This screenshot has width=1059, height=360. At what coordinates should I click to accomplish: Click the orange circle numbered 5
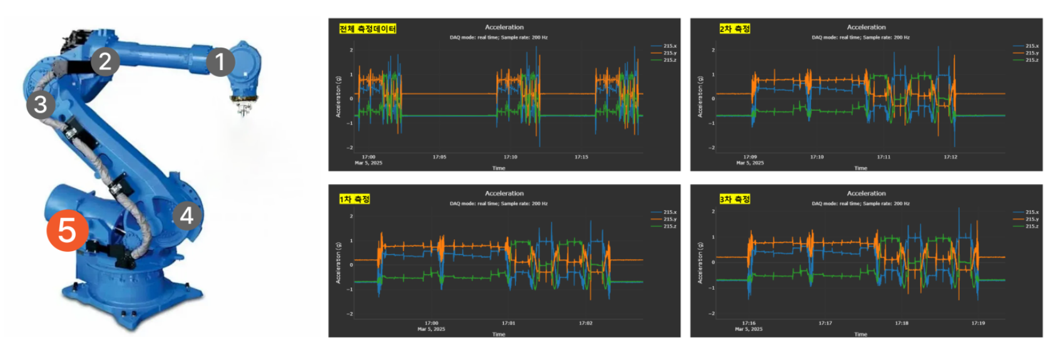coord(67,231)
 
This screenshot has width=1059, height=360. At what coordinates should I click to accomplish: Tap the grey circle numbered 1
coord(220,61)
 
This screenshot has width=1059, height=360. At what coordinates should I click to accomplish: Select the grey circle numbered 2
coord(105,61)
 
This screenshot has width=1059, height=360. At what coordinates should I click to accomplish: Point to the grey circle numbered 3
coord(41,105)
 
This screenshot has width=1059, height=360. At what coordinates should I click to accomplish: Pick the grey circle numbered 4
coord(187,215)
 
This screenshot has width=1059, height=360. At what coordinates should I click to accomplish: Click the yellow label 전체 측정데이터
coord(367,29)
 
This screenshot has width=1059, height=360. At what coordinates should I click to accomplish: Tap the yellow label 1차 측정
coord(354,199)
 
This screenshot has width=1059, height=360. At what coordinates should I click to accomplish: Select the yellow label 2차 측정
coord(734,29)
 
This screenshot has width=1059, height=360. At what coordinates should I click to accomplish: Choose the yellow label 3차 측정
coord(734,199)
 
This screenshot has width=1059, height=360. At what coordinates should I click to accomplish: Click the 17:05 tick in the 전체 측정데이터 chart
coord(439,157)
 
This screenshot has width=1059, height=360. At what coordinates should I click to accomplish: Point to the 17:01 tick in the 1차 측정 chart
coord(508,323)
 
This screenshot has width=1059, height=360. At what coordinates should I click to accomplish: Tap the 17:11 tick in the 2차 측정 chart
coord(883,157)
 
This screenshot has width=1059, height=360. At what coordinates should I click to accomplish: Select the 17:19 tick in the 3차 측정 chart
coord(978,323)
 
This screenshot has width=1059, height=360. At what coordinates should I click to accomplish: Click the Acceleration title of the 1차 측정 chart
coord(504,193)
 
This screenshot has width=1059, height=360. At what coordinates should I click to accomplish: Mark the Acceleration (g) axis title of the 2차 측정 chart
coord(700,97)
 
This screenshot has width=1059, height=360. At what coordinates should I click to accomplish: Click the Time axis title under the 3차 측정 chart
coord(861,334)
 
